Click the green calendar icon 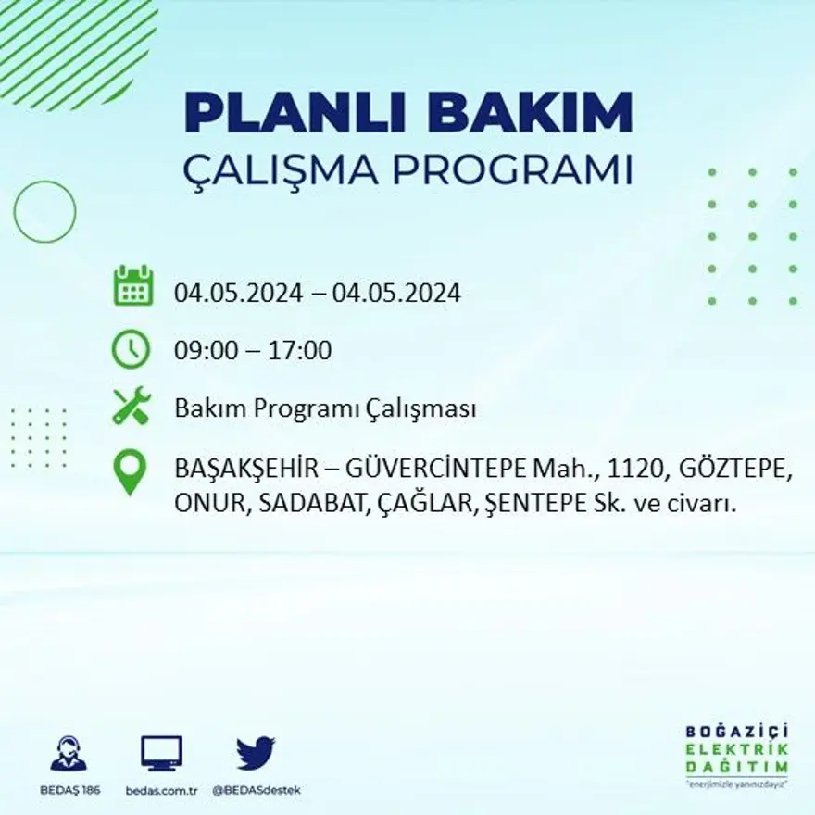point(132,286)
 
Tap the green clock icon point(131,349)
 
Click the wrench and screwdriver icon point(132,407)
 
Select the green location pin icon point(130,470)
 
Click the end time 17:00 point(299,351)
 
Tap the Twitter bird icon point(256,751)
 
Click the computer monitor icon point(161,752)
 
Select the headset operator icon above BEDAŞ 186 point(69,752)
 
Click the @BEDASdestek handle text point(257,790)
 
